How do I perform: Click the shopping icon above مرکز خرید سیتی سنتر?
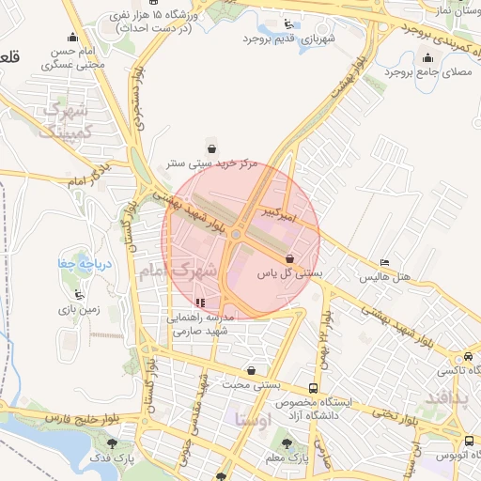tap(211, 147)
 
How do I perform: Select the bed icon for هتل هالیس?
tap(384, 263)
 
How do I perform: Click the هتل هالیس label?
tap(385, 278)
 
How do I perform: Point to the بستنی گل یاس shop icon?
tap(289, 258)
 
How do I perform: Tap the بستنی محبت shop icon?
tap(250, 371)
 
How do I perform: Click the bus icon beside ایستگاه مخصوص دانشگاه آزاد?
tap(313, 387)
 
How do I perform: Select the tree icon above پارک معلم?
tap(287, 443)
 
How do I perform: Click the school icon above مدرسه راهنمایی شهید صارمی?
tap(200, 303)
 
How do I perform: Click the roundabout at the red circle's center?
tap(239, 235)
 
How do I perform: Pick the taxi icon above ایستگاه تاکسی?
tap(468, 357)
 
